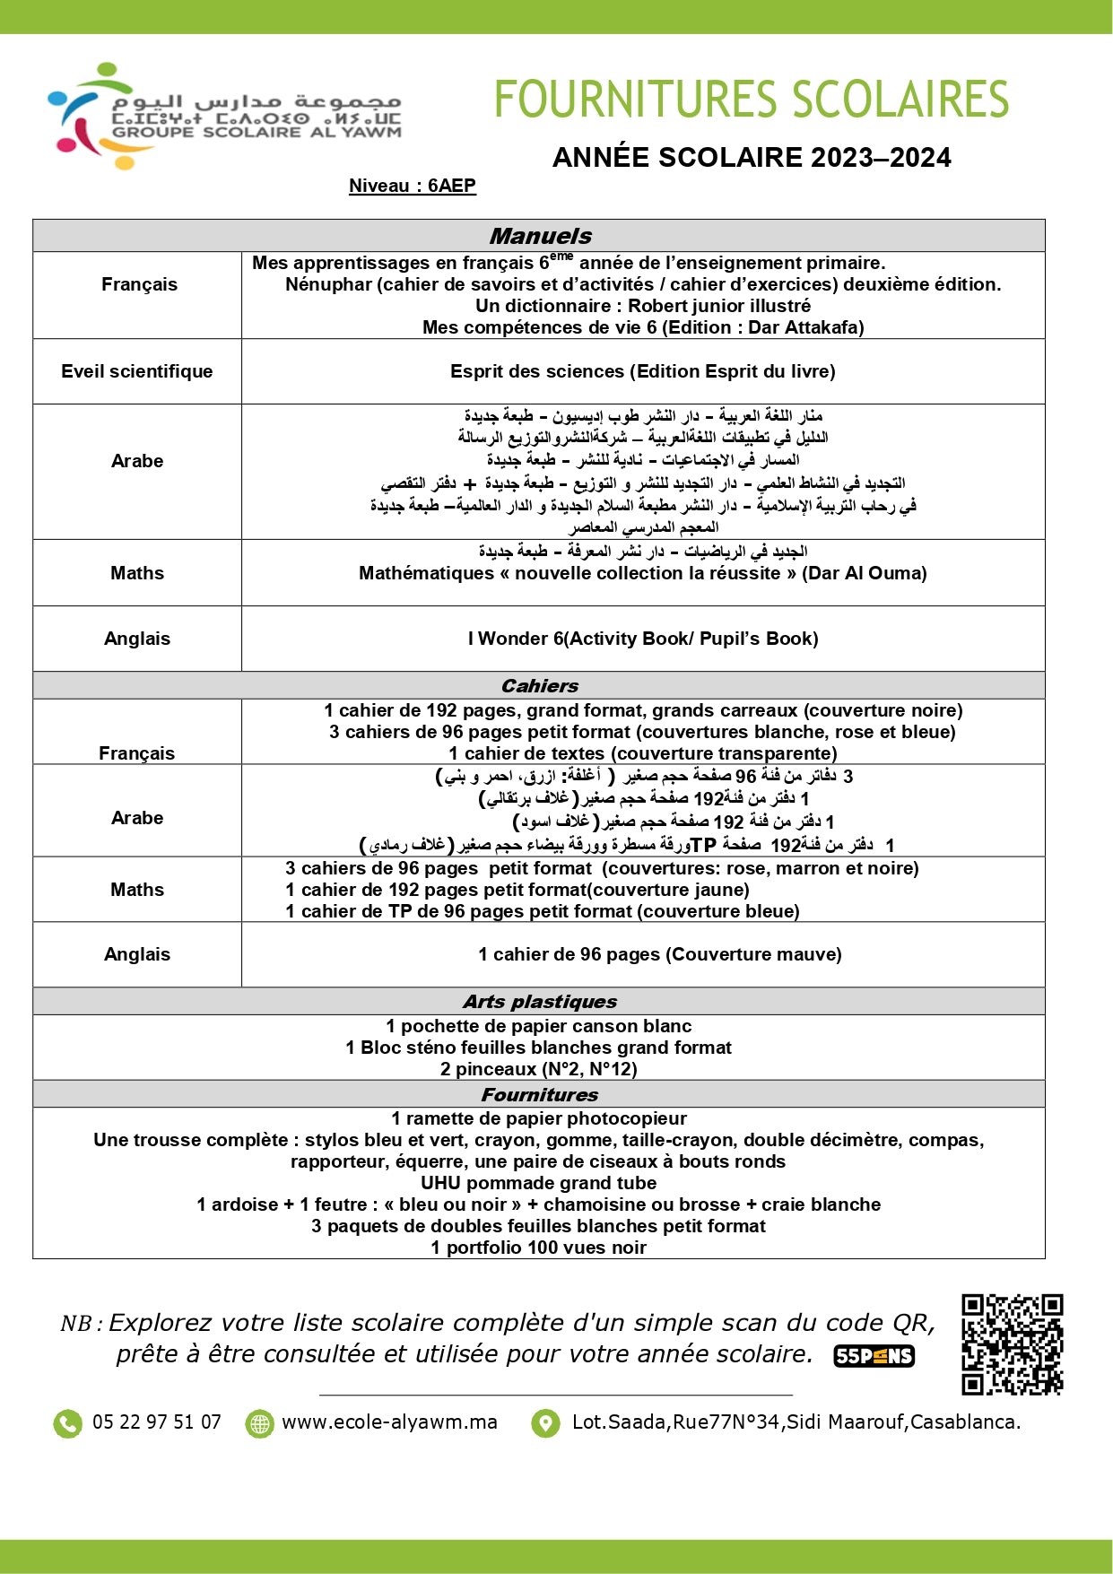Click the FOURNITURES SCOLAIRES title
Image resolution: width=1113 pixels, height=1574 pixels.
tap(752, 100)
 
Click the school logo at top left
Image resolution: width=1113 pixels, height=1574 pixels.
tap(224, 116)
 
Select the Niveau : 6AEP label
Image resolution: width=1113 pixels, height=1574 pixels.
tap(413, 186)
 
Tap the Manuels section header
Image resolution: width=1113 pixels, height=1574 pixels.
tap(540, 236)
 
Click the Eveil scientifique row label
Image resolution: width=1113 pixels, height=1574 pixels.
tap(137, 371)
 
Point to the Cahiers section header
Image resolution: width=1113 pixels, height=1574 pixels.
tap(540, 686)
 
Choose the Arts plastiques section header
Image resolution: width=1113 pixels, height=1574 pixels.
tap(540, 1002)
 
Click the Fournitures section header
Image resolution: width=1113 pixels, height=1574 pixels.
tap(540, 1094)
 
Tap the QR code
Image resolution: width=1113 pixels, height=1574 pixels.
tap(1012, 1344)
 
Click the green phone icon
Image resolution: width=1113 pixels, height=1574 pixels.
tap(67, 1423)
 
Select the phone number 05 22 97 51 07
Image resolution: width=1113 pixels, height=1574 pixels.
tap(157, 1422)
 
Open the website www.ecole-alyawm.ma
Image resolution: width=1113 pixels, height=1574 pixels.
tap(389, 1422)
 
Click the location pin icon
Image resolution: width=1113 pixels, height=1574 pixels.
tap(545, 1423)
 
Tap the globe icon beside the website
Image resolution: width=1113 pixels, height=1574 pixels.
tap(259, 1423)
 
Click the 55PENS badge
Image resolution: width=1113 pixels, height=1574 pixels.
tap(874, 1356)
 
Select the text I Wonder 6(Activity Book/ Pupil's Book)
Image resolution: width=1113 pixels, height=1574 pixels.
tap(643, 639)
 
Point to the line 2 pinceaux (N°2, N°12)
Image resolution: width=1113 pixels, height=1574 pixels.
tap(539, 1069)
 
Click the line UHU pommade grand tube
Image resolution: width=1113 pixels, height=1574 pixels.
tap(539, 1183)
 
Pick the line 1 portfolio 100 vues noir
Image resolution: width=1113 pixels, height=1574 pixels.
tap(539, 1248)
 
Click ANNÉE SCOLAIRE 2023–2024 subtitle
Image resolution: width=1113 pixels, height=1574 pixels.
tap(752, 158)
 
